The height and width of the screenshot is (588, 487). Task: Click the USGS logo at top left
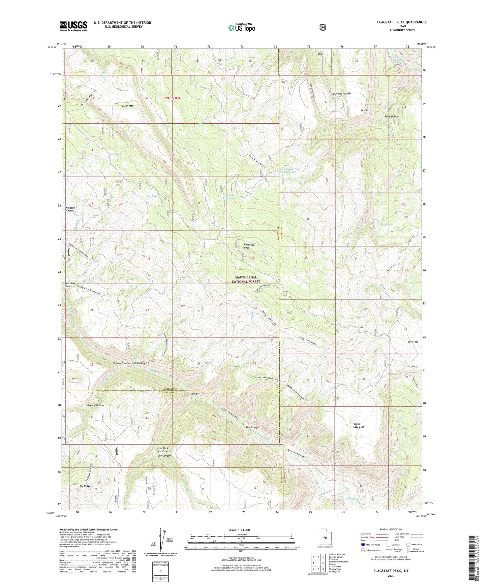click(x=73, y=26)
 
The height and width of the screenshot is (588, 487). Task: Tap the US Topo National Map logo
click(x=241, y=27)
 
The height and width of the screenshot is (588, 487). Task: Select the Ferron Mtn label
click(x=127, y=106)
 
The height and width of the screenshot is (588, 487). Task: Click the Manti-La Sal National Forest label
click(x=246, y=279)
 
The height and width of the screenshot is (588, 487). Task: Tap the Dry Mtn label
click(x=365, y=110)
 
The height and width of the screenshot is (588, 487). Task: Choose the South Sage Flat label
click(x=358, y=425)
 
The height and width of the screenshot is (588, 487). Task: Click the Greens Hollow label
click(x=95, y=405)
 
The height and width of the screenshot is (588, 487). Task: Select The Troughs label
click(x=252, y=427)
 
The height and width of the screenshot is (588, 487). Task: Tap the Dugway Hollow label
click(x=342, y=94)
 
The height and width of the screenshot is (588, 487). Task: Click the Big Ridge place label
click(x=85, y=486)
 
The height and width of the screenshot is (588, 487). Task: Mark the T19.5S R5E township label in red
click(x=172, y=98)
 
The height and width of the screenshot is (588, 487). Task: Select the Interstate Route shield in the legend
click(x=363, y=545)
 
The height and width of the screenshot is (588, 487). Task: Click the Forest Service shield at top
click(x=323, y=27)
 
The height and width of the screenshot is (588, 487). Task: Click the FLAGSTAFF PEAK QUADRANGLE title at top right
click(x=402, y=22)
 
